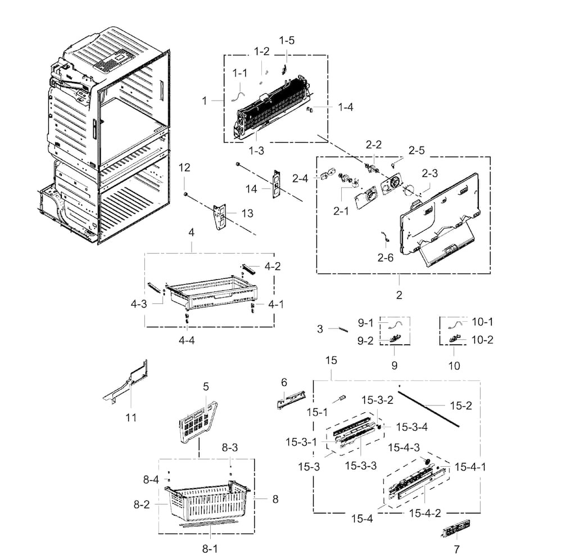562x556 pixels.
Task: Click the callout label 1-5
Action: [x=287, y=40]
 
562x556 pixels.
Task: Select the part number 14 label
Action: [x=252, y=189]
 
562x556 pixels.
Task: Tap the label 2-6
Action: [x=385, y=258]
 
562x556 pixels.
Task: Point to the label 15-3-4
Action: [x=412, y=427]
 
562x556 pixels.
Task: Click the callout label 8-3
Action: [x=230, y=448]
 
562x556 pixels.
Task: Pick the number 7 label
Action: [x=456, y=549]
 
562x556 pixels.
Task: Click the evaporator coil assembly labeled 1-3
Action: [x=275, y=110]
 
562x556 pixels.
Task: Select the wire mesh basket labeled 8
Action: [x=208, y=500]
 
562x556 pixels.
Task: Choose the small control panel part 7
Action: [x=456, y=529]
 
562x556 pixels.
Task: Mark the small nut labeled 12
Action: [x=185, y=194]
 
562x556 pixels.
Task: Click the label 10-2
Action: [x=482, y=340]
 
